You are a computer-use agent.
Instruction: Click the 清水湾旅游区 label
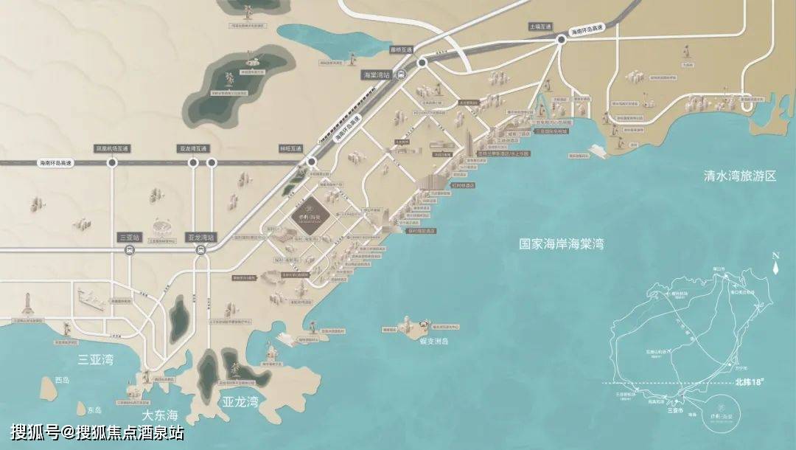740,176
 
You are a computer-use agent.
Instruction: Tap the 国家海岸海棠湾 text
561,243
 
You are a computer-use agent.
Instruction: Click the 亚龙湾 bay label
240,402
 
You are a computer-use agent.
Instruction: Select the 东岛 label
94,410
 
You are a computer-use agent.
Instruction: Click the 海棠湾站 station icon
399,74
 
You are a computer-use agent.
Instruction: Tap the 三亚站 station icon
129,250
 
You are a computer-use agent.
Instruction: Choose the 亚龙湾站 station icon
200,250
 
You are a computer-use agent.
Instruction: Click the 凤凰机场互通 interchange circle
112,162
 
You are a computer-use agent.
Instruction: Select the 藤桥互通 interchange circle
422,64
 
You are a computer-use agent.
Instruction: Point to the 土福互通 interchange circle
560,41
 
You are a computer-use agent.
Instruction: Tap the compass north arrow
775,266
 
